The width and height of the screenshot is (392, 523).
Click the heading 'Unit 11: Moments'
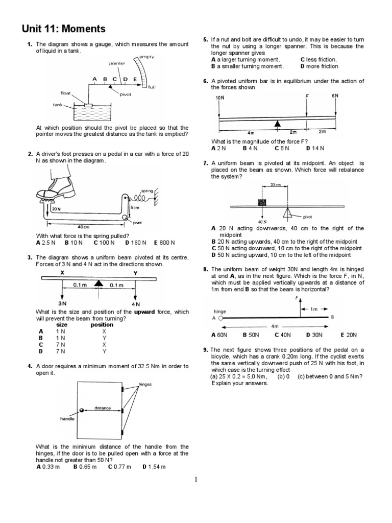point(63,29)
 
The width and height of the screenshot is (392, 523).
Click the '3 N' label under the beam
point(63,303)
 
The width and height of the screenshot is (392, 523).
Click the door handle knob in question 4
point(81,410)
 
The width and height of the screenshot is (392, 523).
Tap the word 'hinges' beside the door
point(145,384)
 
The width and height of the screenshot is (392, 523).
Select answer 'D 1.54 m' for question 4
point(154,467)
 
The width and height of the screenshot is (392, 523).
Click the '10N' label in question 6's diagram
point(219,98)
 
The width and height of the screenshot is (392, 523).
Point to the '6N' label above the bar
point(335,96)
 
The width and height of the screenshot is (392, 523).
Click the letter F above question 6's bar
point(307,96)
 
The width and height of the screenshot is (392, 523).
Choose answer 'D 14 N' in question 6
point(315,148)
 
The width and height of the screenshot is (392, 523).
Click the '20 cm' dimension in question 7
point(276,184)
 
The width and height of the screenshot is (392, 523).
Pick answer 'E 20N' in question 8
point(349,335)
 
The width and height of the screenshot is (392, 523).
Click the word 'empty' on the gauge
point(146,57)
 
